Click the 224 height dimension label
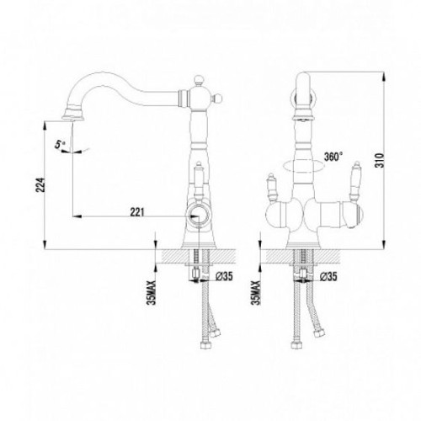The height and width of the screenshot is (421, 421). (41, 184)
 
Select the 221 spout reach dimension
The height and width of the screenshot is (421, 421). (137, 212)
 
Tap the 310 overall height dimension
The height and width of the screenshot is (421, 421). (379, 160)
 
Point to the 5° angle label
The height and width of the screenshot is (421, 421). (60, 145)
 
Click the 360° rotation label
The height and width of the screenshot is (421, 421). (333, 157)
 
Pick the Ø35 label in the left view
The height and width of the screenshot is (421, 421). (224, 276)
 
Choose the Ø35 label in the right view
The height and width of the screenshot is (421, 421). (328, 277)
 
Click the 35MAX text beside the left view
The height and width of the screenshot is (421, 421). (152, 293)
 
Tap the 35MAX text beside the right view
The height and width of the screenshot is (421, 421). (257, 293)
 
